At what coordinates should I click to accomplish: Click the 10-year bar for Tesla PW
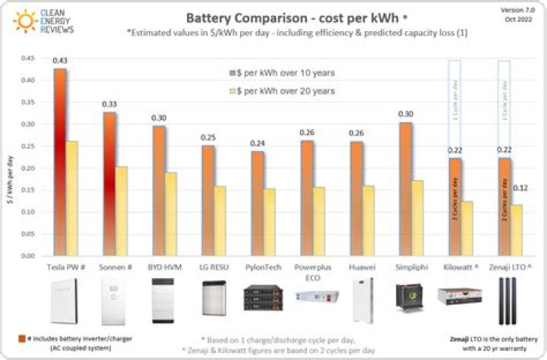60,163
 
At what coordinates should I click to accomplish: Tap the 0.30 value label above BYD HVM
157,118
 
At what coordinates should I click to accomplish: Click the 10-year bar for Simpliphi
406,189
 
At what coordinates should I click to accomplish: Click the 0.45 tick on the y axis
29,58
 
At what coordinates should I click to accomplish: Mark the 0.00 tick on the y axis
29,257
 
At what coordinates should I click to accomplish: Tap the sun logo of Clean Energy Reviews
24,21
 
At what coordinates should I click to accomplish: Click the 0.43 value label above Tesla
59,61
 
